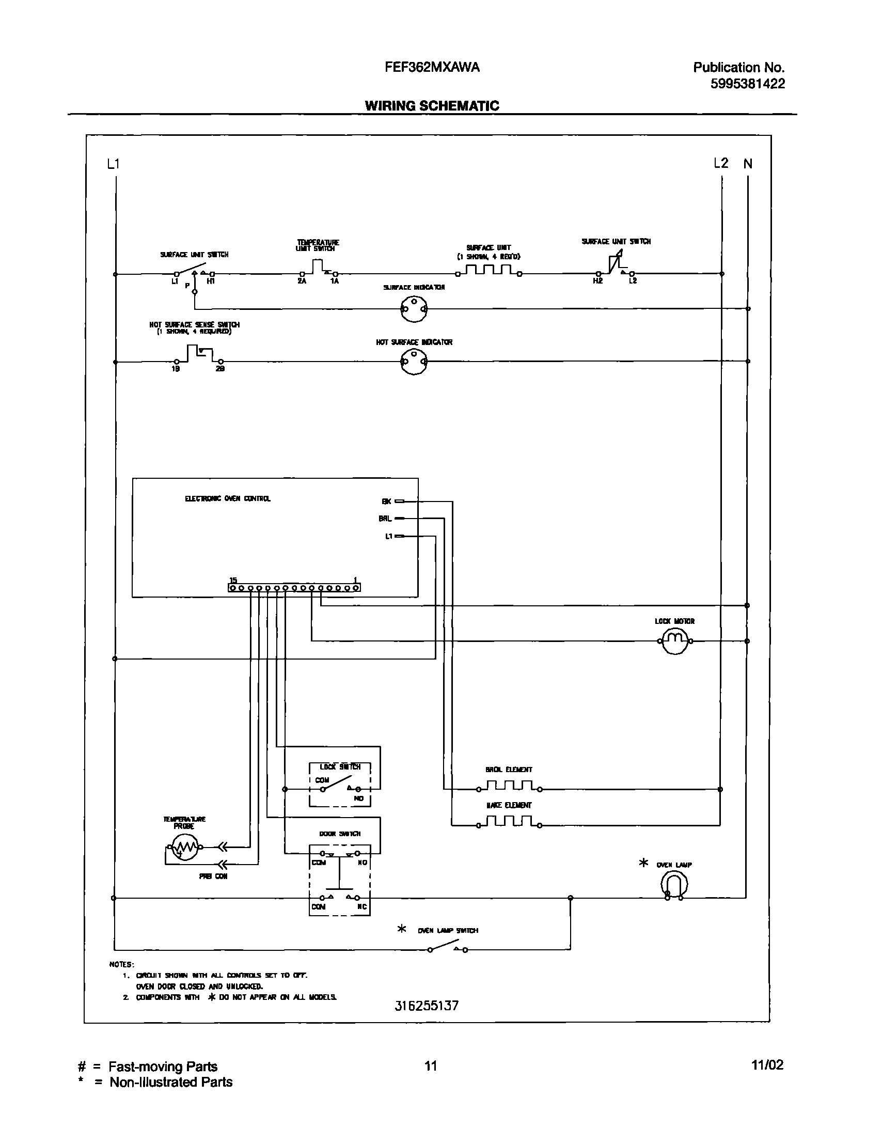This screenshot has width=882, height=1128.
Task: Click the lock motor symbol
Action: pos(675,641)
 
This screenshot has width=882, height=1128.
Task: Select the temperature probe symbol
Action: pos(184,847)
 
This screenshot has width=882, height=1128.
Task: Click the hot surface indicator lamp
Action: pos(414,362)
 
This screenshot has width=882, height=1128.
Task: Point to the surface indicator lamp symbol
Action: pos(414,309)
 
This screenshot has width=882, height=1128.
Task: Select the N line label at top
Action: pos(748,164)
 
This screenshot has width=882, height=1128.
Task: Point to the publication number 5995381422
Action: pos(747,84)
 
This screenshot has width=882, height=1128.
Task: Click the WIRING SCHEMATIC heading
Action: pos(432,106)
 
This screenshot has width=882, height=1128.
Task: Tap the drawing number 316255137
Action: pos(427,1020)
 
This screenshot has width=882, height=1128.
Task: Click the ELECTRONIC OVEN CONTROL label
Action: pos(228,499)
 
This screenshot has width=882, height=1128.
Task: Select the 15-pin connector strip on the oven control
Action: pos(294,588)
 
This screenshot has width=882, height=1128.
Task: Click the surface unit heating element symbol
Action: pos(489,271)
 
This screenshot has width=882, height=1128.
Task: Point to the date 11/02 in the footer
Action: pos(767,1064)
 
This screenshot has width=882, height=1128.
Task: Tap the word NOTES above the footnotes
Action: pos(122,964)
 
